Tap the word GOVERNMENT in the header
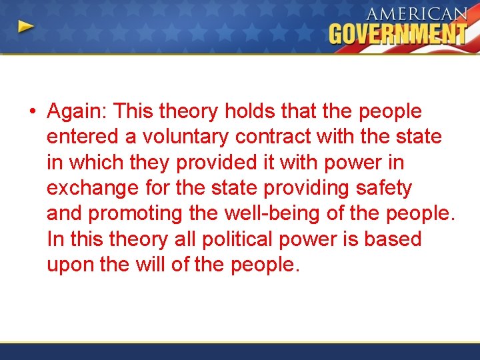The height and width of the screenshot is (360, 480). coord(398,34)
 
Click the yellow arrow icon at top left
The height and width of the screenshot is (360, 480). coord(26,27)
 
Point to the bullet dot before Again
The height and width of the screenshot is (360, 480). coord(31,112)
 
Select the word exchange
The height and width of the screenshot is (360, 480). coord(93,189)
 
